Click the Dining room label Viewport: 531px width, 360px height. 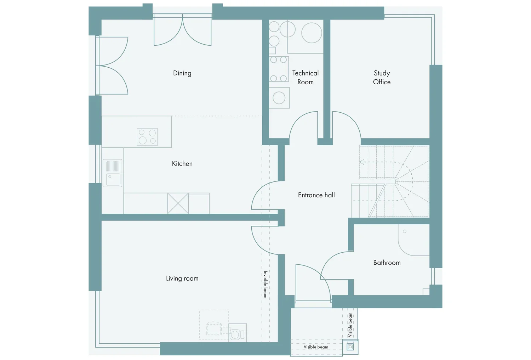pos(182,73)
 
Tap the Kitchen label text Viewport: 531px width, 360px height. pos(182,163)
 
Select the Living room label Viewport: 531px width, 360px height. pos(182,279)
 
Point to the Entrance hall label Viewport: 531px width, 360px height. pos(316,195)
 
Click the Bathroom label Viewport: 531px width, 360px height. pos(387,263)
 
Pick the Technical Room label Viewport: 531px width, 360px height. pos(305,77)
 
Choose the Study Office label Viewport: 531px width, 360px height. pos(382,77)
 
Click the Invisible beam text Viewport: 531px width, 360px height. pos(265,284)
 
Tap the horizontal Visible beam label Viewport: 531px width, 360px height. pos(316,347)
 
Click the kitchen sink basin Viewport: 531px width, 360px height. pos(113,179)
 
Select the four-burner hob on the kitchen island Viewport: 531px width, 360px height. pos(147,137)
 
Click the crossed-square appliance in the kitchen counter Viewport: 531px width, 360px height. pos(178,203)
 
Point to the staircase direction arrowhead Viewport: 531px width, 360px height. pos(362,162)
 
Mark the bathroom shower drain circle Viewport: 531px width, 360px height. pos(404,231)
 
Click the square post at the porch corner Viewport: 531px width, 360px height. pos(350,347)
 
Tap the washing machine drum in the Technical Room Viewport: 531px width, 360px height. pos(279,98)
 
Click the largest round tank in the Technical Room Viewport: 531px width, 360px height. pos(312,33)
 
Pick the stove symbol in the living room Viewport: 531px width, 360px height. pos(238,333)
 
